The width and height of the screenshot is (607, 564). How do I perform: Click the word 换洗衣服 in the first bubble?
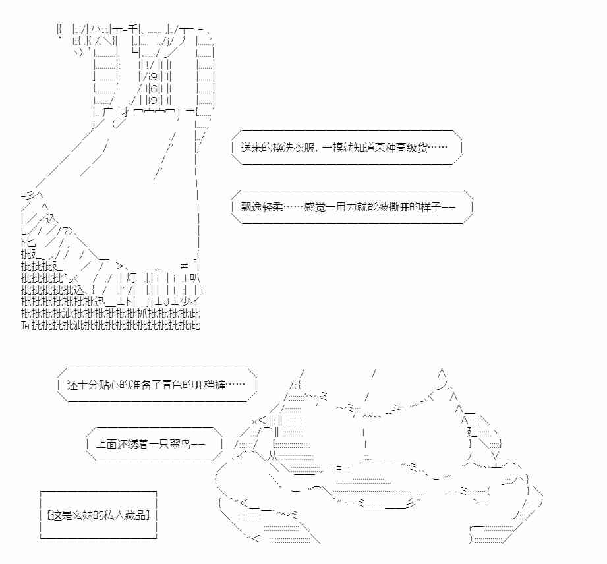pyautogui.click(x=286, y=150)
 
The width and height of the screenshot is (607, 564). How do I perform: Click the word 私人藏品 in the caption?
pyautogui.click(x=129, y=514)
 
